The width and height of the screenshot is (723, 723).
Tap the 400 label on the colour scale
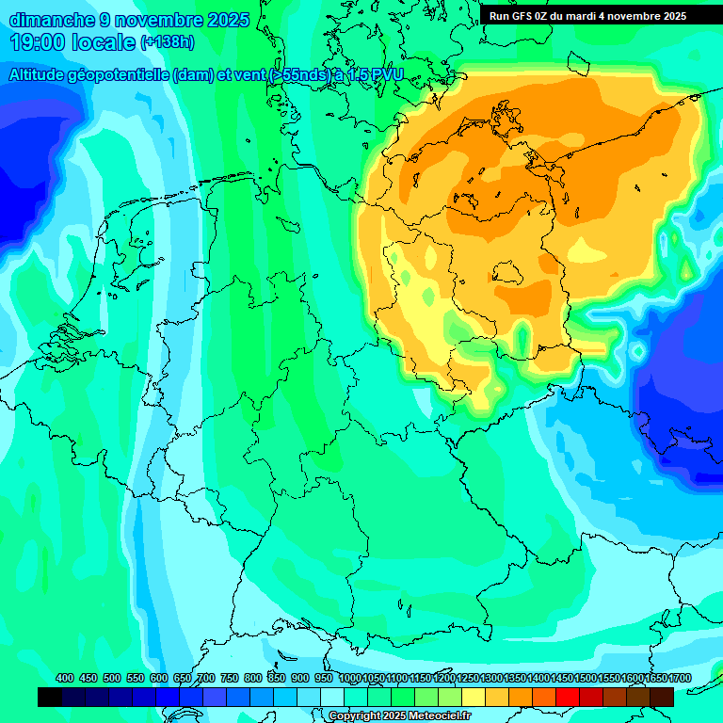coord(65,679)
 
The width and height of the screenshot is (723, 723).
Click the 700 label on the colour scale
coord(206,679)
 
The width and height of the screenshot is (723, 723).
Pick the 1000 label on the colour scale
coord(349,679)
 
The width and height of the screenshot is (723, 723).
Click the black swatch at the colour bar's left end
coord(50,697)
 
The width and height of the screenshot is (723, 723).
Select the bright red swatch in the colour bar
coord(568,697)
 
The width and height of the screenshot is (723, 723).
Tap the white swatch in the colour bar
coord(332,697)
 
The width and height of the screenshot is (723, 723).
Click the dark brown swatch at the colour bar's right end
coord(662,697)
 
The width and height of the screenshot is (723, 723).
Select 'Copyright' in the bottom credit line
coord(354,716)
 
